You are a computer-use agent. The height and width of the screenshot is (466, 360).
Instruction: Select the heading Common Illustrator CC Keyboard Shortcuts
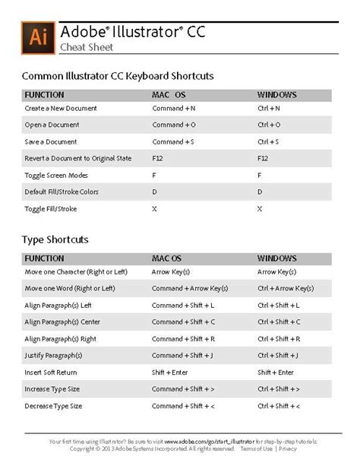tap(118, 76)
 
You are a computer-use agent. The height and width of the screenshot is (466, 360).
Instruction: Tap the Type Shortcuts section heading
tap(55, 239)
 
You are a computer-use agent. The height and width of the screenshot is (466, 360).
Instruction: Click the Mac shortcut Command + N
tap(174, 109)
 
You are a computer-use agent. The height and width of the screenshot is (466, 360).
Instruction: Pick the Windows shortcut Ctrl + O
tap(269, 125)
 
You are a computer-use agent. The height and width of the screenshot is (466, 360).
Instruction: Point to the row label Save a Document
tap(52, 141)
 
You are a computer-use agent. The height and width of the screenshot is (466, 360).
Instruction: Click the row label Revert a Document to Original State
tap(78, 158)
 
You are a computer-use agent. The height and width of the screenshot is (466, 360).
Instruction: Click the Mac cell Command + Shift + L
tap(183, 305)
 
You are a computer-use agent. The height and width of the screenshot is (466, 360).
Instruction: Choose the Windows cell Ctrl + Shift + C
tap(279, 322)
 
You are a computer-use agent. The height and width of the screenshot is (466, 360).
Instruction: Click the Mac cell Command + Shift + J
tap(182, 355)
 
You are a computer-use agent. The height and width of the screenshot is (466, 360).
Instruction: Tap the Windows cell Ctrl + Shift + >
tap(279, 388)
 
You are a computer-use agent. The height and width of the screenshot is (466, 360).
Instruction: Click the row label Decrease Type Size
tap(55, 405)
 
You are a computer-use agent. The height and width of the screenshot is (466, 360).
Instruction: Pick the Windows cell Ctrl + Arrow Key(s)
tap(286, 288)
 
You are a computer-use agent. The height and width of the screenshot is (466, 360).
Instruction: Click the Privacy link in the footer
tap(288, 449)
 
